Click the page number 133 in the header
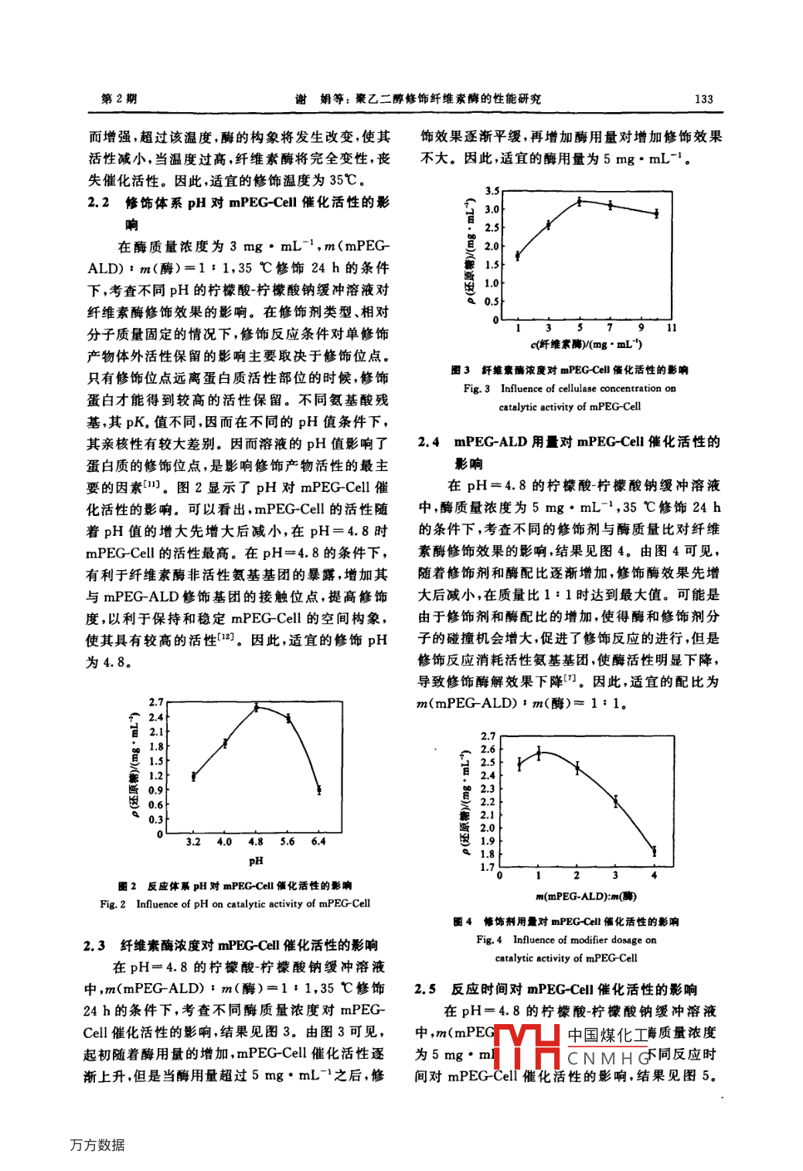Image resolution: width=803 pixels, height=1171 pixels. [703, 99]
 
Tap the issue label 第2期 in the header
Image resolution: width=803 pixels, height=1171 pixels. [120, 98]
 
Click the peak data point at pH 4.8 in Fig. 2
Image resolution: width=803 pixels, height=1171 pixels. [257, 707]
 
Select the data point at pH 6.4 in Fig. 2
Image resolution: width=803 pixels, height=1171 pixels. [318, 790]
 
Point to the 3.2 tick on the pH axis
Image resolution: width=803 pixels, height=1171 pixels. [193, 842]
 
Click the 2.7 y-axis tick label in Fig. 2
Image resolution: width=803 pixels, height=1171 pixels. [156, 702]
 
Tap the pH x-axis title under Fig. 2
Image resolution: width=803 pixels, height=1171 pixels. [256, 861]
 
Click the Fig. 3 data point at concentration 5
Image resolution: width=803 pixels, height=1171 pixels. [580, 201]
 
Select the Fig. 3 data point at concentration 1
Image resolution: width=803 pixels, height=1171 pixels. [518, 255]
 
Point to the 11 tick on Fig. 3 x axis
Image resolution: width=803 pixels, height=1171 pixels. [672, 328]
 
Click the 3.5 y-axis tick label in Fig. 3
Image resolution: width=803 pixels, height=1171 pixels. [492, 190]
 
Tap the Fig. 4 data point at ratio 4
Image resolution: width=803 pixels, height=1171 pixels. [654, 851]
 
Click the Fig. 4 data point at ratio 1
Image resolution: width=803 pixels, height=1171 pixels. [539, 752]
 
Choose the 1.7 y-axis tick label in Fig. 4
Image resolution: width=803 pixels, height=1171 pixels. [487, 867]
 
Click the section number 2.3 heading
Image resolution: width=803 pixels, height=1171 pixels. [94, 945]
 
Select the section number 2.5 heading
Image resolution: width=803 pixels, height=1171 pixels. [425, 989]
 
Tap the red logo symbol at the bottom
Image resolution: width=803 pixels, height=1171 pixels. [526, 1046]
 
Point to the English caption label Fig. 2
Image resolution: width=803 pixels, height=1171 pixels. [113, 903]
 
